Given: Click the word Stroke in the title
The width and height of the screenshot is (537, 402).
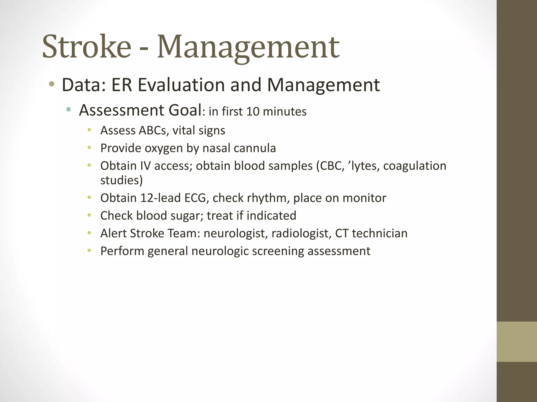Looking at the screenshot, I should (87, 47).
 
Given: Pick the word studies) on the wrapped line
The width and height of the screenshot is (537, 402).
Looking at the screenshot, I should (121, 180).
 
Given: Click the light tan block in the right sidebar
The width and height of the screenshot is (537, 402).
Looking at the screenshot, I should (517, 342).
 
